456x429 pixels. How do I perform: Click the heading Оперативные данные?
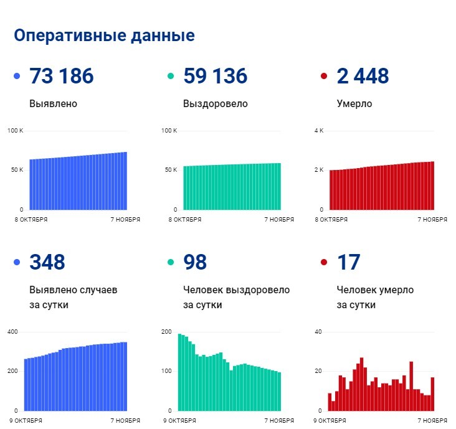point(104,35)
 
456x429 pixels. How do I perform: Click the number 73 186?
point(61,76)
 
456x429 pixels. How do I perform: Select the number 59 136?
point(215,76)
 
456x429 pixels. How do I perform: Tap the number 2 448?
point(363,76)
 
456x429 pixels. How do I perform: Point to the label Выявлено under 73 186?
point(53,103)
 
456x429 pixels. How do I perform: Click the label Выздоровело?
point(215,103)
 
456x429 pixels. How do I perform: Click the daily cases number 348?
point(47,262)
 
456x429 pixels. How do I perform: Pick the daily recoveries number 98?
point(195,262)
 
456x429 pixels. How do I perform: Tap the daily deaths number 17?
point(348,262)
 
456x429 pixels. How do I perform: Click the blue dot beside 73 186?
point(17,77)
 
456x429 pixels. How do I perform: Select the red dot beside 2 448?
point(323,77)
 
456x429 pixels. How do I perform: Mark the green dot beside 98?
point(170,263)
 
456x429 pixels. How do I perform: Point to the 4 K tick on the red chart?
point(319,130)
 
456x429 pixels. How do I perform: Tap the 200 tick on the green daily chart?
point(166,331)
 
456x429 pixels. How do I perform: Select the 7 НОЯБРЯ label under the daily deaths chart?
point(432,421)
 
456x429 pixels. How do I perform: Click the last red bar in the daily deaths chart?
point(432,394)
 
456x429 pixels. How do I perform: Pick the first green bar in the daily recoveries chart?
point(180,372)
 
